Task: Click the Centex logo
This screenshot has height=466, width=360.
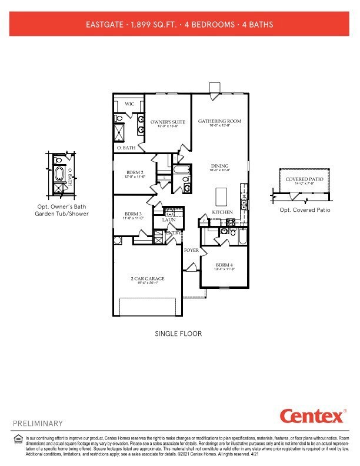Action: (312, 416)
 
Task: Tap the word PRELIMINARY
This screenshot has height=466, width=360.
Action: (38, 423)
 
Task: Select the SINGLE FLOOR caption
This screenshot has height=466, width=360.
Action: (178, 334)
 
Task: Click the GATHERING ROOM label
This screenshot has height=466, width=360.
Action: (219, 121)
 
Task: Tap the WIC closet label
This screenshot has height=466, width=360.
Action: (129, 104)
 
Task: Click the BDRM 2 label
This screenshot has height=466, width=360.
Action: (135, 172)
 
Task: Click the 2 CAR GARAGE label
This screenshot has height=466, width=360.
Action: (148, 278)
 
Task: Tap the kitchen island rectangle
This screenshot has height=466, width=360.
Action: (222, 194)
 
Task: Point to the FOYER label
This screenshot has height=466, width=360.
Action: (191, 250)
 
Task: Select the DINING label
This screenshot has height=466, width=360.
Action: (219, 166)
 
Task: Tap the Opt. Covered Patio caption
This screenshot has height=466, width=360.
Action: (304, 210)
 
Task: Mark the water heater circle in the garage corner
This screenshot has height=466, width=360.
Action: (117, 240)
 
